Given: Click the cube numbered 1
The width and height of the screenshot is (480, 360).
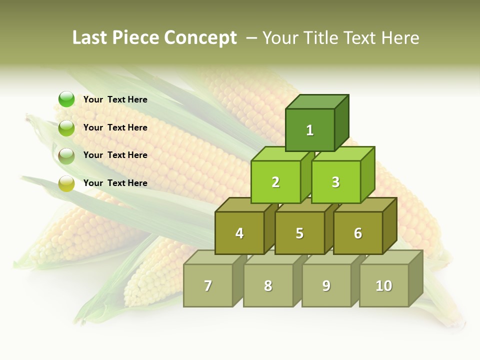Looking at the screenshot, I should tap(310, 130).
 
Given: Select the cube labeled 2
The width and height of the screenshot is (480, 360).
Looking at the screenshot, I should tap(275, 182).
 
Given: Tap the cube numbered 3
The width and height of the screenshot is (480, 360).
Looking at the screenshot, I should tap(335, 182).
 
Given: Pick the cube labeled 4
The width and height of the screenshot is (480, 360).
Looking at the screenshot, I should tap(239, 233).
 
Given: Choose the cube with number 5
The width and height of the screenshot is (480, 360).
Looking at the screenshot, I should tap(299, 233).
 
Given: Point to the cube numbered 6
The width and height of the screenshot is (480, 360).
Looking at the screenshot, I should tap(358, 233).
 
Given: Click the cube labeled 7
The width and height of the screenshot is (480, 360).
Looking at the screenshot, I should tap(208, 285).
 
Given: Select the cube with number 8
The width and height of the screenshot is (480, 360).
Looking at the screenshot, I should tap(268, 285).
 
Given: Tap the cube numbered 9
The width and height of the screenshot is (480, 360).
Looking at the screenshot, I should tap(326, 285).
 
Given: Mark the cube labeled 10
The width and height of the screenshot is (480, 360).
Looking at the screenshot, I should tap(384, 285).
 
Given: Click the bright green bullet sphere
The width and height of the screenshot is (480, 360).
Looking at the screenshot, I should tap(66, 99).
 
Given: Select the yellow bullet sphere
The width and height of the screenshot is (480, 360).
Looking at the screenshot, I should tap(66, 183).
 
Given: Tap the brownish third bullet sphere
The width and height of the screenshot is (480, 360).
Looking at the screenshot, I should tap(66, 156).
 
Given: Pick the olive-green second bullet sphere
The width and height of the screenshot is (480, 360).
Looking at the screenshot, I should tap(66, 128).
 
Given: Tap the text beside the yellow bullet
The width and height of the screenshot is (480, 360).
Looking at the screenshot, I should tap(115, 183).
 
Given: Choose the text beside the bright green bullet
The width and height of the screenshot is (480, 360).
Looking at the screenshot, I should tap(115, 99).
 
